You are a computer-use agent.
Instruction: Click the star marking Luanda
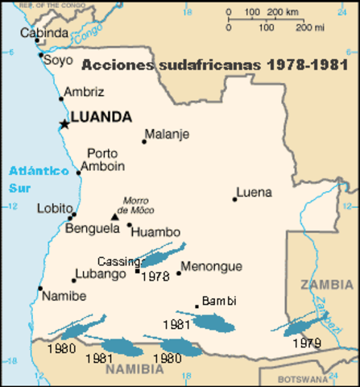tap(64, 123)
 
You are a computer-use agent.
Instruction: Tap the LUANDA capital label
tap(101, 117)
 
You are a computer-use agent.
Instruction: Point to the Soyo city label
tap(57, 59)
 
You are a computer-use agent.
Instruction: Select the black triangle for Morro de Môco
tap(115, 217)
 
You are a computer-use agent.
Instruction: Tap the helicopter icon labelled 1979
tap(303, 325)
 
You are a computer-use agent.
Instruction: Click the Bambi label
tap(219, 301)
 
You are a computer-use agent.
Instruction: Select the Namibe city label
tap(64, 296)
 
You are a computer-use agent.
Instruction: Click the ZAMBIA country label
tap(325, 285)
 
